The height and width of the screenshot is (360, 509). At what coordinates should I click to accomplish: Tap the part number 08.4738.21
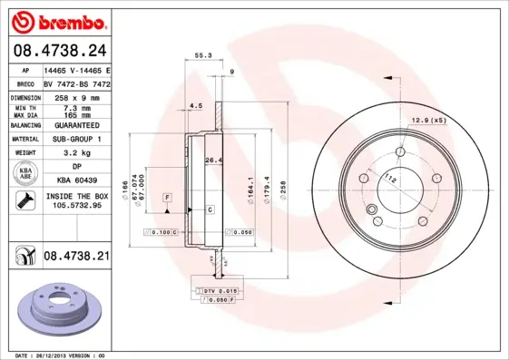coord(76,258)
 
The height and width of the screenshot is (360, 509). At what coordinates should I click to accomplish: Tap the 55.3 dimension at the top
coord(203,56)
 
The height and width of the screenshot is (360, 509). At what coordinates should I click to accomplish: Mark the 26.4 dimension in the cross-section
coord(214,161)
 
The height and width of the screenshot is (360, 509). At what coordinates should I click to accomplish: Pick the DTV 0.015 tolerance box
coord(220,289)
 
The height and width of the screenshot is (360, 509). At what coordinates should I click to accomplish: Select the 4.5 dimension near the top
coord(195,106)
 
